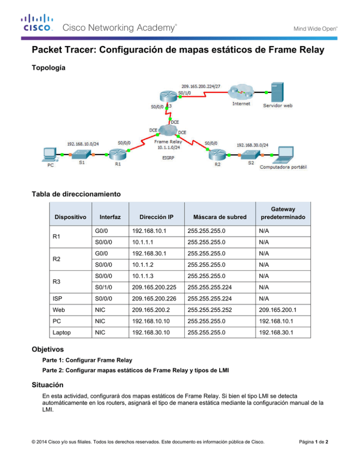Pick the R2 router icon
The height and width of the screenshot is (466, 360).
click(215, 153)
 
